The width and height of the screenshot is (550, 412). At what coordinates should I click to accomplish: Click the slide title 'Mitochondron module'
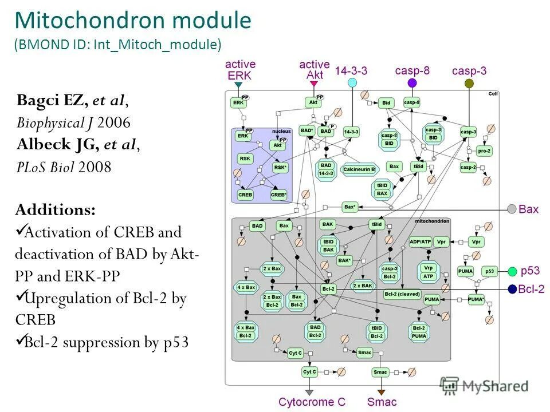point(133,21)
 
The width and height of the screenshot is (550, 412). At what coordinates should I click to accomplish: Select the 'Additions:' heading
point(56,210)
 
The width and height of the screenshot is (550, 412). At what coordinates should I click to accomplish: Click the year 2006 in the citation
point(114,122)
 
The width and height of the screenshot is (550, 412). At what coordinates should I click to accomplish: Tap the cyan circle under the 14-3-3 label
point(352,83)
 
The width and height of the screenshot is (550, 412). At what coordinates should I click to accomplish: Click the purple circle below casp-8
point(412,84)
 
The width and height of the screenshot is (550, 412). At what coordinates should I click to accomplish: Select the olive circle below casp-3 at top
point(469,84)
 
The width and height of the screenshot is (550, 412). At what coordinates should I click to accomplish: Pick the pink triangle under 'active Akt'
point(314,84)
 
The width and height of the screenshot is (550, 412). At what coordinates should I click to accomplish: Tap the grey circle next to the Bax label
point(512,209)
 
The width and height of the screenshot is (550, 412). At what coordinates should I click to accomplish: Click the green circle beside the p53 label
point(512,271)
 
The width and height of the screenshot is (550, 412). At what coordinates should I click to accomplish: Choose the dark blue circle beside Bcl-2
point(512,289)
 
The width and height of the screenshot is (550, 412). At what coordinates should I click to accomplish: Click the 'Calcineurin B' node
point(359,169)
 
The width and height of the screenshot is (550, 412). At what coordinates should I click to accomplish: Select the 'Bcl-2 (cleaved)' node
point(402,294)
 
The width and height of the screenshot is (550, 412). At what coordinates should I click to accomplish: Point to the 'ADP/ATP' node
point(421,241)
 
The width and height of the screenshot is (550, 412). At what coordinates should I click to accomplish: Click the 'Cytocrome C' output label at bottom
point(312,402)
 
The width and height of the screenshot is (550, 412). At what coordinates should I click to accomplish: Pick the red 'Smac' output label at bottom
point(382,402)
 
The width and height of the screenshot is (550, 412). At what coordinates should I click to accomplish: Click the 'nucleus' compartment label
point(281,132)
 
